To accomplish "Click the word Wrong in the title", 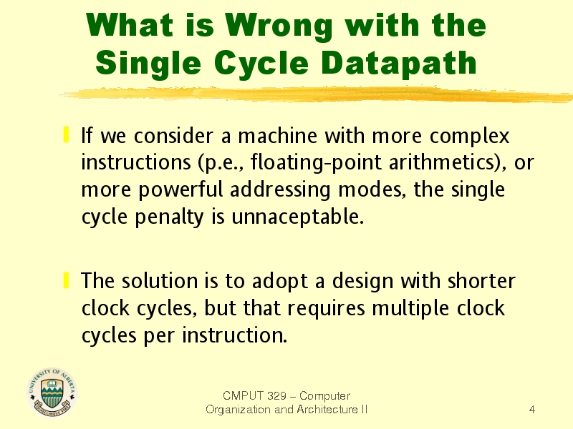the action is (279, 26).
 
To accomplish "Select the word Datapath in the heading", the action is (399, 64).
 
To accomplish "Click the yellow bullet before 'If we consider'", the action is (66, 134).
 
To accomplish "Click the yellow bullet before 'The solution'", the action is (66, 280).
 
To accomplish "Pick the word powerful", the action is (180, 190).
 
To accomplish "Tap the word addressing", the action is (280, 190).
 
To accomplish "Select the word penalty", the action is (169, 217).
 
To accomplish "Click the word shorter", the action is (481, 281).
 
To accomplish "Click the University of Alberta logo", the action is (52, 393).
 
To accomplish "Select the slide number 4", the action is (532, 410).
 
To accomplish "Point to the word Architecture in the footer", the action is (327, 410).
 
